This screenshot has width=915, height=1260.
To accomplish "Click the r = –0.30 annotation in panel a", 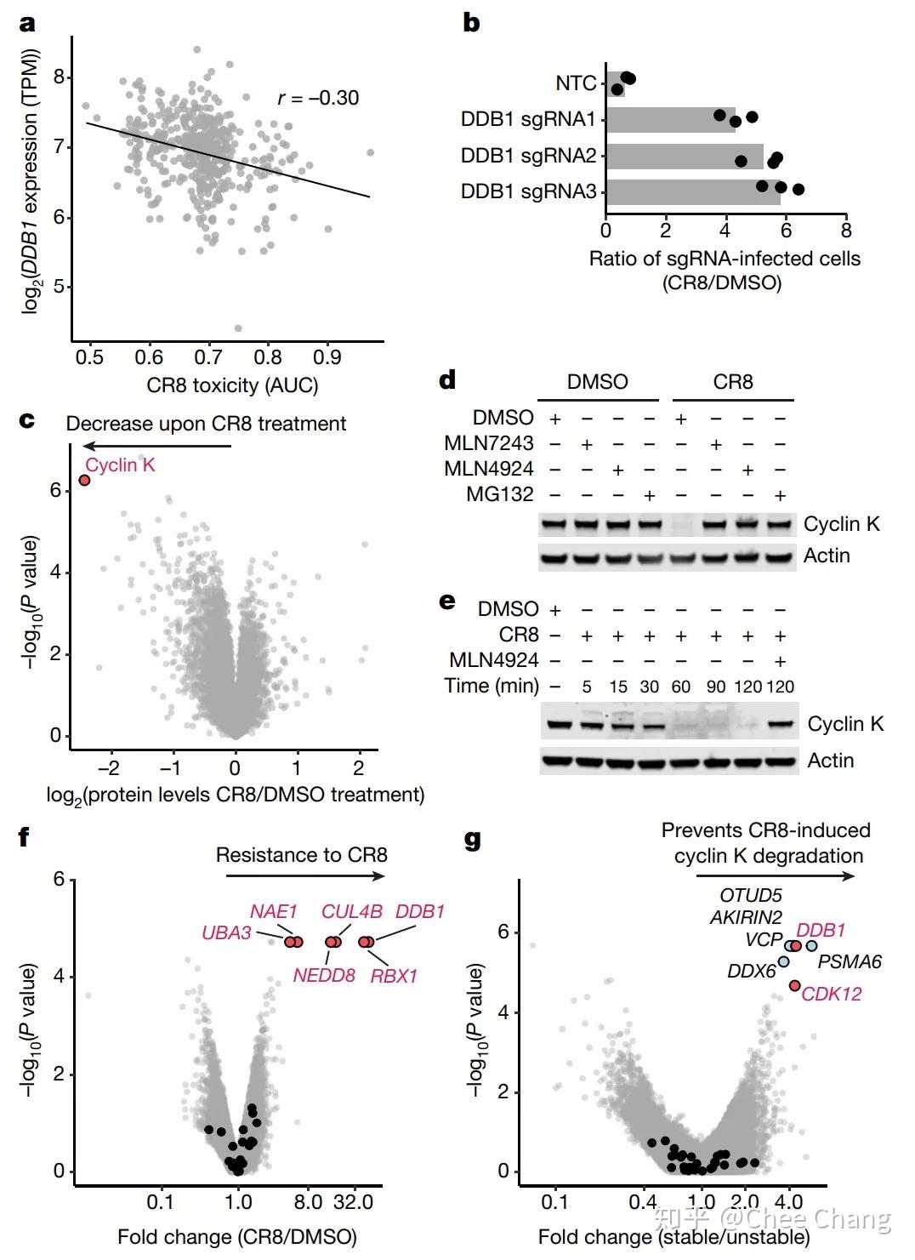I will pos(318,99).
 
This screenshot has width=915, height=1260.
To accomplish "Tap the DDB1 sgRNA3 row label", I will pos(528,191).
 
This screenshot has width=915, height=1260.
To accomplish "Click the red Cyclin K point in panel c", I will pos(84,481).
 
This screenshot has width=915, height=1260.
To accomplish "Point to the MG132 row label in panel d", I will pos(499,494).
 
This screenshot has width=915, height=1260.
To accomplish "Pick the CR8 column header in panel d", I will pos(732,382).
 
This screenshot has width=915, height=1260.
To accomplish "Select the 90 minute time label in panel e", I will pos(716,687).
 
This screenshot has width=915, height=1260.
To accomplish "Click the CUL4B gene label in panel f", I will pos(351,911).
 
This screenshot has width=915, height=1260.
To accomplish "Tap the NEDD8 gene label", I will pos(324,976).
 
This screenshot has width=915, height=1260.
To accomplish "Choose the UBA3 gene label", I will pos(226,933).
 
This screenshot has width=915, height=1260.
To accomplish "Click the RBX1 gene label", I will pos(394,976).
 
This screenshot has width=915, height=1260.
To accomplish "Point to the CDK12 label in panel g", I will pos(832,994).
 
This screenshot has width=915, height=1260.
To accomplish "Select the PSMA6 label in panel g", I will pos(849,962).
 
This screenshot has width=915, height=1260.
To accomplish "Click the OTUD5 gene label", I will pos(750,895).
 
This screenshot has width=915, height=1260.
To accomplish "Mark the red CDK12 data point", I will pos(794,985).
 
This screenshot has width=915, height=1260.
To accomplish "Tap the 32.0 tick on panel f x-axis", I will pos(353,1202).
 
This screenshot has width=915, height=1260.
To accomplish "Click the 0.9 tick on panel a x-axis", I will pos(327,357).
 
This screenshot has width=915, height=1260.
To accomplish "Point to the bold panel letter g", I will pos(472,841).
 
